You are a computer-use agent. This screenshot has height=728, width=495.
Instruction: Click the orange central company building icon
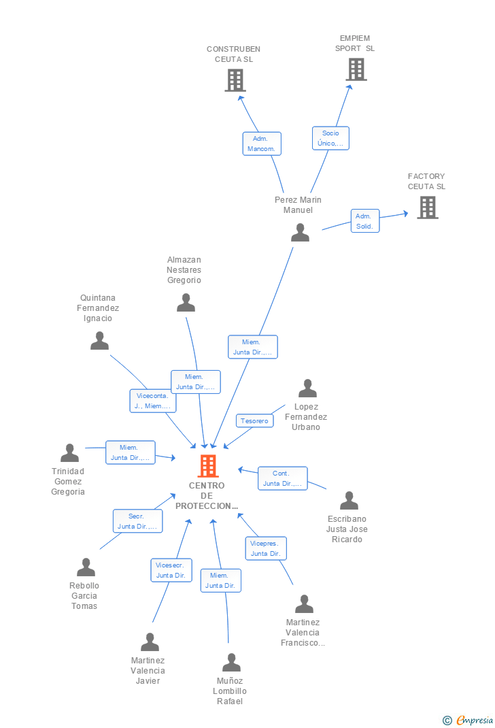pos(207,466)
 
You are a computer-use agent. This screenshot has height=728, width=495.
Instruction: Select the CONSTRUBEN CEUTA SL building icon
pos(235,80)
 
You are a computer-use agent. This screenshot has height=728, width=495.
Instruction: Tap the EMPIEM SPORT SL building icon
pos(356,69)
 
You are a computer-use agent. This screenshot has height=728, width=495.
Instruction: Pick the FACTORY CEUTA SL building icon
pos(427,208)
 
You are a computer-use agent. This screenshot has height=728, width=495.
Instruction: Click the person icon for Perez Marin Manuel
pos(300,233)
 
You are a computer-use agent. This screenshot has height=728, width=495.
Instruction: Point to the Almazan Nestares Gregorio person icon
pos(186,303)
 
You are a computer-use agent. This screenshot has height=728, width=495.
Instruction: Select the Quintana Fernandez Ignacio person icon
pos(99,341)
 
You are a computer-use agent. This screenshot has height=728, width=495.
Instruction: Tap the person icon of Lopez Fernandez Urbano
pos(307,388)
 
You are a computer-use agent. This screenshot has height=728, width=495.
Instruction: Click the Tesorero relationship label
pos(255,420)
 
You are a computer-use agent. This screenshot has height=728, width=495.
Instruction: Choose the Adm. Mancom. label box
pos(261,144)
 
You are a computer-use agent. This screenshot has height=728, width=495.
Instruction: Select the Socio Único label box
pos(330,138)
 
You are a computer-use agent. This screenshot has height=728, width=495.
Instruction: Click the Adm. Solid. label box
pos(364,221)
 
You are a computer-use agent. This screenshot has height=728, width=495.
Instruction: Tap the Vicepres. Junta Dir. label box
pos(265,548)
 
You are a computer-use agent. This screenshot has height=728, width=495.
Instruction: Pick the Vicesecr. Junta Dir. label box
pos(171,570)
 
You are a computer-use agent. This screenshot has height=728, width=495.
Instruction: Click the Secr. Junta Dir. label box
pos(137,521)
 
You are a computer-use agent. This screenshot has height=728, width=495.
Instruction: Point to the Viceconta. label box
pos(153,401)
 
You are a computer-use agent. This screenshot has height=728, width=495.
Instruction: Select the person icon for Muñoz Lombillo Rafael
pos(231,662)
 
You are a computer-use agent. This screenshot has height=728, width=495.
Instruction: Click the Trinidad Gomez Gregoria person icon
pos(69,452)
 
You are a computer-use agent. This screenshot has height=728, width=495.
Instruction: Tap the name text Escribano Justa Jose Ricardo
pos(347,529)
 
